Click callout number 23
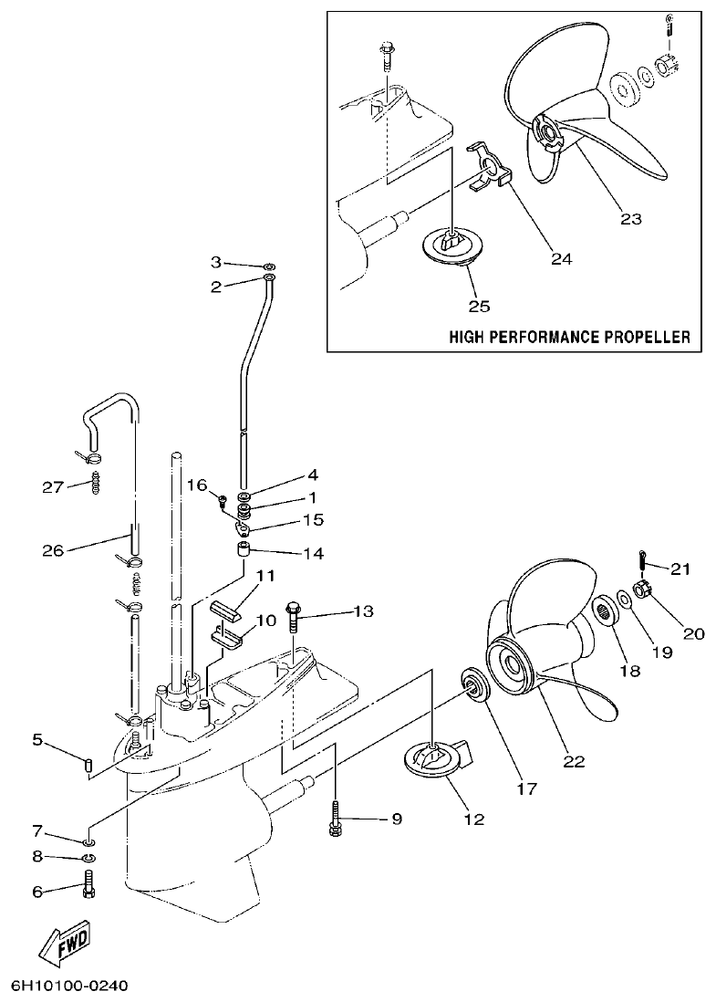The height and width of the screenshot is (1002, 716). [630, 218]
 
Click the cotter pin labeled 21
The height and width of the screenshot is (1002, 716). [644, 558]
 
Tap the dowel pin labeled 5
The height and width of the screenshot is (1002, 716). [88, 763]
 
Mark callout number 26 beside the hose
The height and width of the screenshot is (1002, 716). [53, 550]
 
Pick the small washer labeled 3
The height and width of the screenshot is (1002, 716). [271, 264]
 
